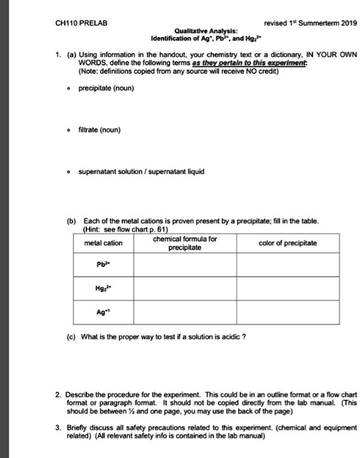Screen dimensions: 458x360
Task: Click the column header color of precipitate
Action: pos(288,243)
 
